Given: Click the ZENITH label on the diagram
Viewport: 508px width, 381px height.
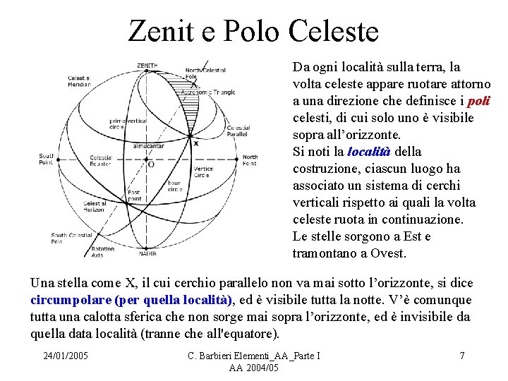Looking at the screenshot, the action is click(147, 66).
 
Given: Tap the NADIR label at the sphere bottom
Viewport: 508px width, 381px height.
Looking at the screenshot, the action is click(147, 253).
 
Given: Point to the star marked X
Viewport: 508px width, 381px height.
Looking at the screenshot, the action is click(195, 143).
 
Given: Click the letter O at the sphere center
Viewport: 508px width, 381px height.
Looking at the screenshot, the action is click(150, 164).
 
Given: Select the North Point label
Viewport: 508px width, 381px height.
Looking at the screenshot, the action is click(250, 160).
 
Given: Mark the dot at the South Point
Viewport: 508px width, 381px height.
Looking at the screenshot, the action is click(58, 159).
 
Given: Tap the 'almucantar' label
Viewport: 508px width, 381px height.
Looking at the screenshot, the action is click(148, 146).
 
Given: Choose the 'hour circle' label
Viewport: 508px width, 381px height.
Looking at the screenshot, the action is click(174, 186).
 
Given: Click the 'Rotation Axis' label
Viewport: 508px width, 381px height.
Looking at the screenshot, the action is click(102, 251).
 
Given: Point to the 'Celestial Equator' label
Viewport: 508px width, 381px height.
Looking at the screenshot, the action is click(100, 161).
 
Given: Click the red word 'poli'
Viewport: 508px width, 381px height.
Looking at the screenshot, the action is click(478, 101).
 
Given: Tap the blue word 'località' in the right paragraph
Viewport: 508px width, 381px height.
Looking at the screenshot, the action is click(369, 152).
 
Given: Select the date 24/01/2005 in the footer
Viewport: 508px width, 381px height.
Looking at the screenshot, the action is click(65, 356).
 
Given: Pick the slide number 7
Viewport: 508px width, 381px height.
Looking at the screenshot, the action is click(461, 356).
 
